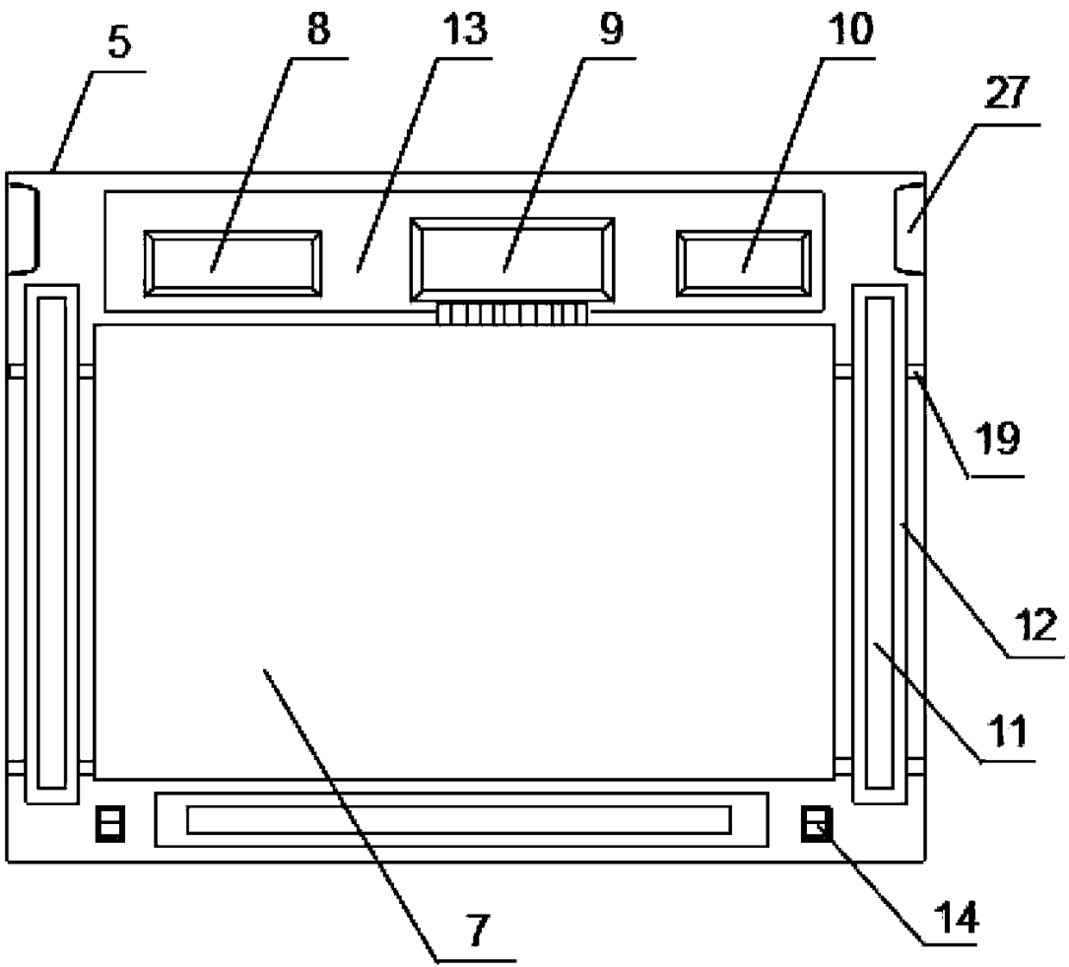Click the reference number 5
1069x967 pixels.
[x=119, y=44]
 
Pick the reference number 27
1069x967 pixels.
[x=1005, y=94]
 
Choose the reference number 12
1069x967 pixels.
[x=1035, y=624]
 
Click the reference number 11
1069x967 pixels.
[x=1006, y=732]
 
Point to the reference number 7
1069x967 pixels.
[x=477, y=930]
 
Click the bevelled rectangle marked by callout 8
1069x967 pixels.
[x=233, y=264]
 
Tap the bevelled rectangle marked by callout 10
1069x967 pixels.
[x=744, y=264]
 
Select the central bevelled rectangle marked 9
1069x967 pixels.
[x=512, y=260]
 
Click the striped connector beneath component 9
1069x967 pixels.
[x=513, y=314]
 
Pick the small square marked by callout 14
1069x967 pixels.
[x=816, y=824]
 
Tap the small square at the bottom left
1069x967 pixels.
[x=110, y=824]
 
